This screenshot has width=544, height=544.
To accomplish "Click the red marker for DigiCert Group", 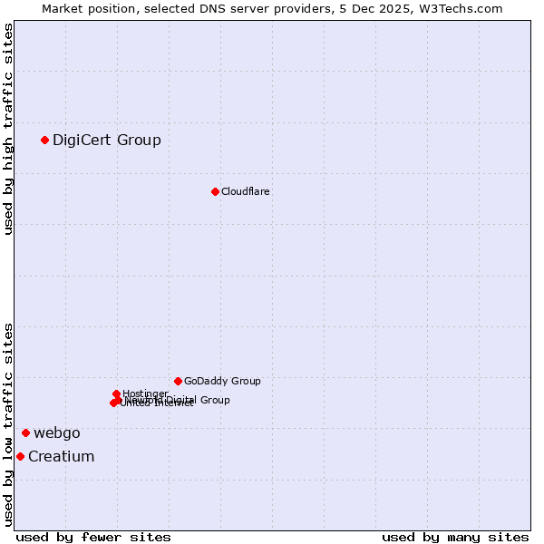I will click(x=44, y=140).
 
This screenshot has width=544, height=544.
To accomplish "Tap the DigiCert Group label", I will click(x=107, y=140).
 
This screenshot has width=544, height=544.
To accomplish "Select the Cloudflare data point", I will click(x=215, y=191).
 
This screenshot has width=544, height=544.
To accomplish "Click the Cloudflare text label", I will click(x=246, y=191).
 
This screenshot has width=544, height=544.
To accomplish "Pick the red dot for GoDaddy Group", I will click(x=178, y=381).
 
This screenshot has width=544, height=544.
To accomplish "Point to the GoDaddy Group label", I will click(x=222, y=381).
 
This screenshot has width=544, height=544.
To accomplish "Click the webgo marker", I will click(x=25, y=432).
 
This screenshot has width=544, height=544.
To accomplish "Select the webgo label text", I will click(x=57, y=432).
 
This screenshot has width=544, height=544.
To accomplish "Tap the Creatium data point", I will click(x=20, y=456).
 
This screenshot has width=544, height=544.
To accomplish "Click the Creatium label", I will click(x=62, y=456).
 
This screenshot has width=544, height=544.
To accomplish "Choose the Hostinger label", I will click(x=145, y=393).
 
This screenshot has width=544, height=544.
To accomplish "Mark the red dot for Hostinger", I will click(x=117, y=393).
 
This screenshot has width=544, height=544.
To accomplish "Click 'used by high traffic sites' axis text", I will click(x=8, y=129).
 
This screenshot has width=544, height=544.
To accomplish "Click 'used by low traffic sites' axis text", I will click(x=8, y=423).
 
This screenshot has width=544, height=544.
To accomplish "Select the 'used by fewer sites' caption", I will click(x=93, y=537).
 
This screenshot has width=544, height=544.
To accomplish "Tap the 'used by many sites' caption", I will click(x=455, y=537).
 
